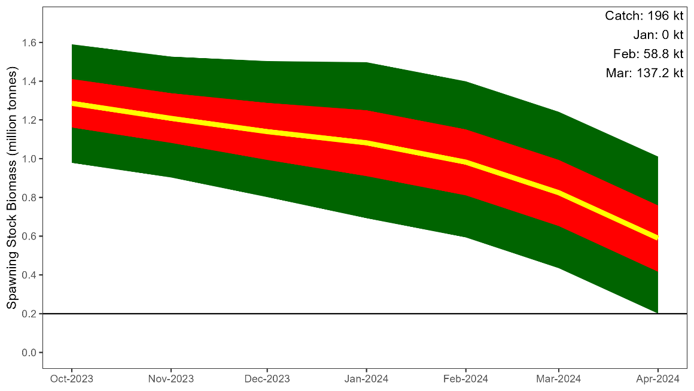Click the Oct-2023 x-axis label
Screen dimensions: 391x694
(x=72, y=379)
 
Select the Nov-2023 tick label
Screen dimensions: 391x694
(x=171, y=379)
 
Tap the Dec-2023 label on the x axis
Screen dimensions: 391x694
(x=267, y=379)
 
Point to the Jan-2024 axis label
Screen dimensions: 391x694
(x=366, y=379)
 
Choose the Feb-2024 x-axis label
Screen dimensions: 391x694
(x=466, y=379)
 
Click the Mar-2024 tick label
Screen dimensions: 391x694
(x=558, y=379)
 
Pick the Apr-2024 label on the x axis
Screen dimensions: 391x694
(x=658, y=379)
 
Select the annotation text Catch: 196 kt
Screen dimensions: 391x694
(x=644, y=16)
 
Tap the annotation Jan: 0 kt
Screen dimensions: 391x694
(x=658, y=35)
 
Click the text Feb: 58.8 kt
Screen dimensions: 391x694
(x=648, y=54)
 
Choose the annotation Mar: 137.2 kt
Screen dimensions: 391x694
(x=644, y=73)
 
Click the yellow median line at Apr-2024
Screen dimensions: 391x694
(x=656, y=237)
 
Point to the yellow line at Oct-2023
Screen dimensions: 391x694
(x=73, y=103)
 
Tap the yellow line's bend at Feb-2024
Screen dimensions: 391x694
(x=466, y=162)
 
